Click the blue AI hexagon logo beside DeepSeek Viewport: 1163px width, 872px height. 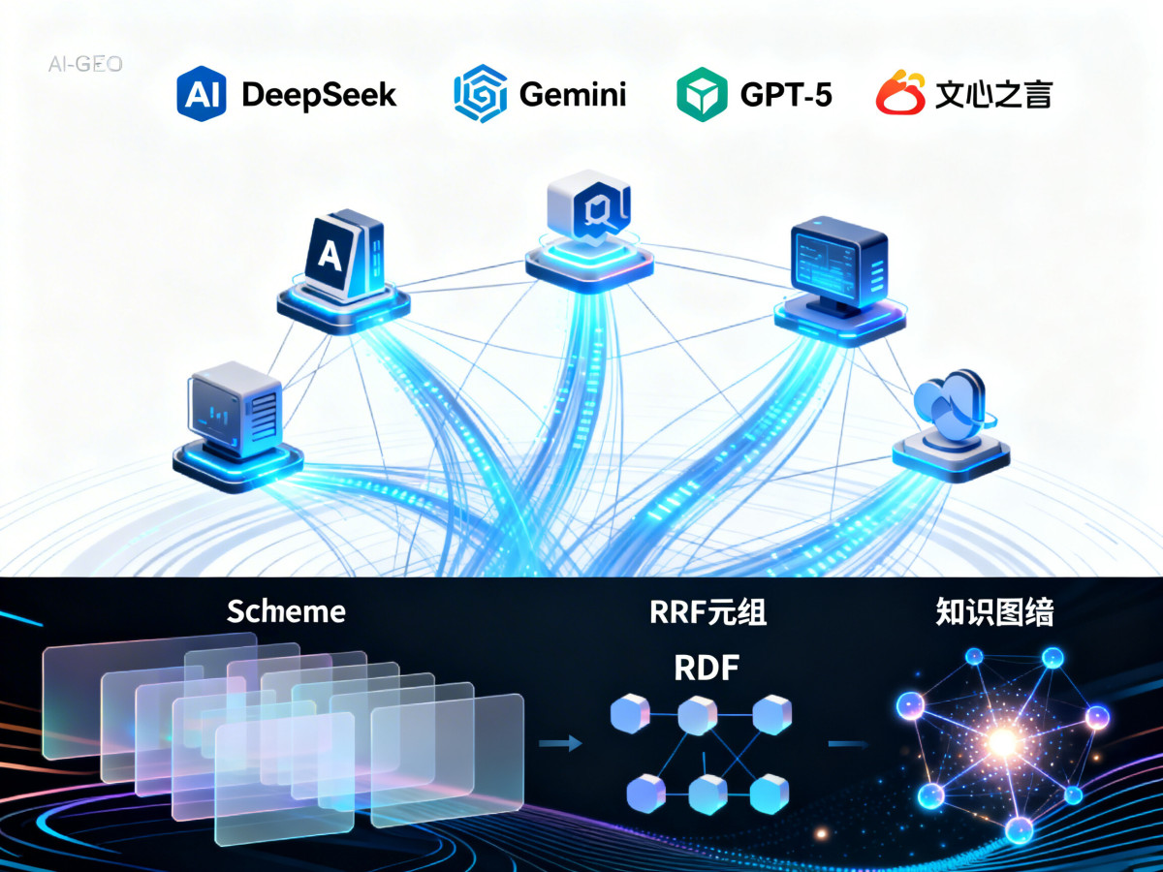pos(202,94)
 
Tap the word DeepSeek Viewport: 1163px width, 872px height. pos(319,95)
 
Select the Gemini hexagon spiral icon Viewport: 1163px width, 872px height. pos(480,94)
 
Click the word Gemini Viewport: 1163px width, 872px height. pos(573,95)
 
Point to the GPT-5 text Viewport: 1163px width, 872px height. pos(786,95)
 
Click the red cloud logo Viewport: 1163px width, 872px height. pos(901,94)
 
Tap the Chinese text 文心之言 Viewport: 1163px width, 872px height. pos(993,95)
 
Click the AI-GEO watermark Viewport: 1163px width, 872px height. pos(85,65)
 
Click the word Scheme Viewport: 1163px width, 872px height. pos(286,611)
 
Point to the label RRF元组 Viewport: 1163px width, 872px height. pos(707,612)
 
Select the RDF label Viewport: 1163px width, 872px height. pos(707,669)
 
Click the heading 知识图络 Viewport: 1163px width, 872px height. pos(994,612)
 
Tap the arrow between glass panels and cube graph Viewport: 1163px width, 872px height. pos(562,743)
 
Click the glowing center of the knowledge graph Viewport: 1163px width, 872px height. pos(1003,743)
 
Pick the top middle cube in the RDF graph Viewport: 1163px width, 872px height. pos(697,716)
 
